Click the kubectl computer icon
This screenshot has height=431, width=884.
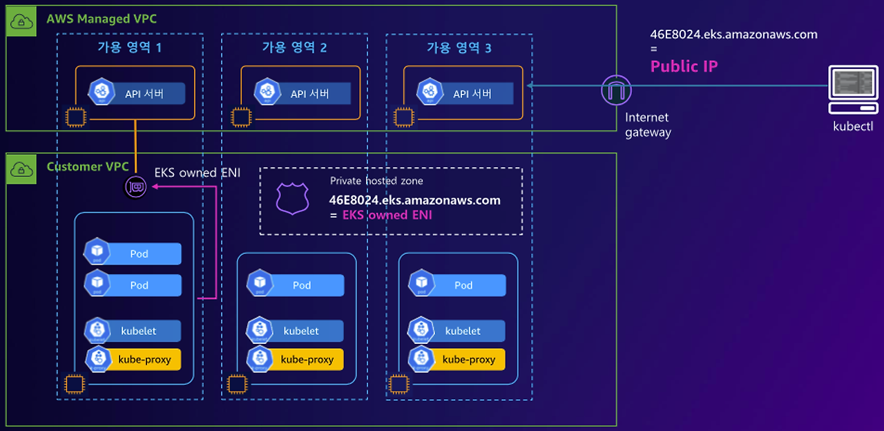(x=853, y=90)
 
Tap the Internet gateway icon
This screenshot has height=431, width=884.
(x=617, y=90)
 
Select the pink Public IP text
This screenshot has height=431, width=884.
(x=684, y=66)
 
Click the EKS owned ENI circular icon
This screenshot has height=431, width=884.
(x=135, y=187)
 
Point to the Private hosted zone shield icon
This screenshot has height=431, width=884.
(x=289, y=198)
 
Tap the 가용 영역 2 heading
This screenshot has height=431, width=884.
(x=294, y=48)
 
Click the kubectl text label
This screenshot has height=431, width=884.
(x=853, y=126)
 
